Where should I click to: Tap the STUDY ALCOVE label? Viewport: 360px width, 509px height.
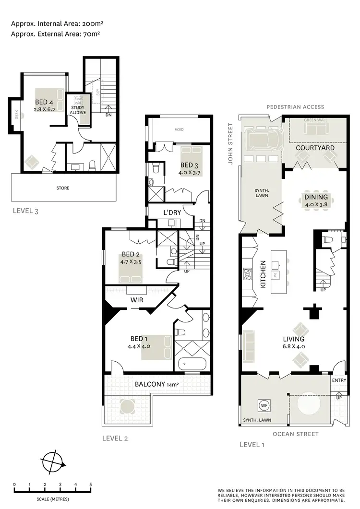pos(78,110)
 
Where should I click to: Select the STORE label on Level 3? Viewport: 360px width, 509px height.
pos(63,188)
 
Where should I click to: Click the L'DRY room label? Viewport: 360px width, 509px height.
pos(172,212)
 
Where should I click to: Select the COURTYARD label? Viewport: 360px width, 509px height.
pos(315,148)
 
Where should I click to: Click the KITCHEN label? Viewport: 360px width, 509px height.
pos(263,274)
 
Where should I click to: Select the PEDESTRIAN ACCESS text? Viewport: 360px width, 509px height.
pos(295,107)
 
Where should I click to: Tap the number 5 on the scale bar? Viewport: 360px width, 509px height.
pos(90,485)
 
